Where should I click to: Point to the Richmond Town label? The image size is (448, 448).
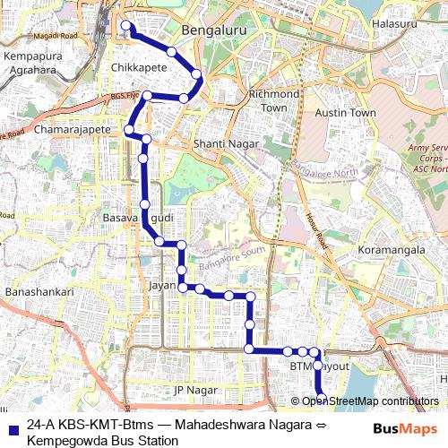(x=274, y=100)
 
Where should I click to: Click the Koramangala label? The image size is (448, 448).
(x=391, y=250)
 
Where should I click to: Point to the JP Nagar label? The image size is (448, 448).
(x=196, y=390)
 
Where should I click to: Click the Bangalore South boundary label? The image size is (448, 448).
(x=234, y=257)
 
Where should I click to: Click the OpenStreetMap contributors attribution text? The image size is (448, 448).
(x=370, y=401)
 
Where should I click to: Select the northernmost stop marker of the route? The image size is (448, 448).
(x=126, y=26)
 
